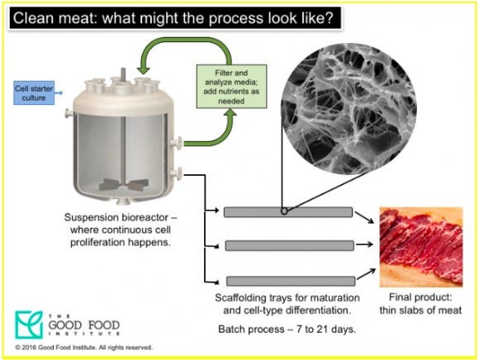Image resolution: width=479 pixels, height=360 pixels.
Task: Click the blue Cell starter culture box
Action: [x=34, y=92]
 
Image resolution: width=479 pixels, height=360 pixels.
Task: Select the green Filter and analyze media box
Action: [x=231, y=87]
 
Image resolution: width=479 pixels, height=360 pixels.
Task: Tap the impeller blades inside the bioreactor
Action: [x=124, y=184]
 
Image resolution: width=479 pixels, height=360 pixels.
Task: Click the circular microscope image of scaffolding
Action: [x=349, y=110]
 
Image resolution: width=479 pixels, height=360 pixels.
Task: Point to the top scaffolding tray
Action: [x=288, y=212]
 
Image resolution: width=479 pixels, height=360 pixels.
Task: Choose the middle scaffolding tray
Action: [x=290, y=245]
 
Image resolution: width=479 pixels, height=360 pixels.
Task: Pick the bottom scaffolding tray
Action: [x=291, y=281]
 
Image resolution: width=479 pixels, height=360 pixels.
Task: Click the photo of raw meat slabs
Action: [x=421, y=247]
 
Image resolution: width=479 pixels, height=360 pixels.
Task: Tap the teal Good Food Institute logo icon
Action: [x=29, y=324]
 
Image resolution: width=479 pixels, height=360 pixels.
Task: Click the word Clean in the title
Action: [x=33, y=18]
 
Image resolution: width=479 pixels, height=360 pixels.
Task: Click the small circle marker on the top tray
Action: [x=284, y=211]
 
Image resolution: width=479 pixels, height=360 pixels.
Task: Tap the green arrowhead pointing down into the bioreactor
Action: [x=143, y=69]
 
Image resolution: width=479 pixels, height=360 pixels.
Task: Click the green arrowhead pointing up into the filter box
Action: [x=231, y=112]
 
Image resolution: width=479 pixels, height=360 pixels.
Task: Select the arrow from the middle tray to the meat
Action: [x=364, y=244]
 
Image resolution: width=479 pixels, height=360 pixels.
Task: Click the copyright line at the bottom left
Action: [x=83, y=348]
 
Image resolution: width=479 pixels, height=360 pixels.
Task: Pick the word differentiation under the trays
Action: [x=318, y=310]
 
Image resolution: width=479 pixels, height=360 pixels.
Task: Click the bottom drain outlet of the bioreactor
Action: [x=124, y=201]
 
